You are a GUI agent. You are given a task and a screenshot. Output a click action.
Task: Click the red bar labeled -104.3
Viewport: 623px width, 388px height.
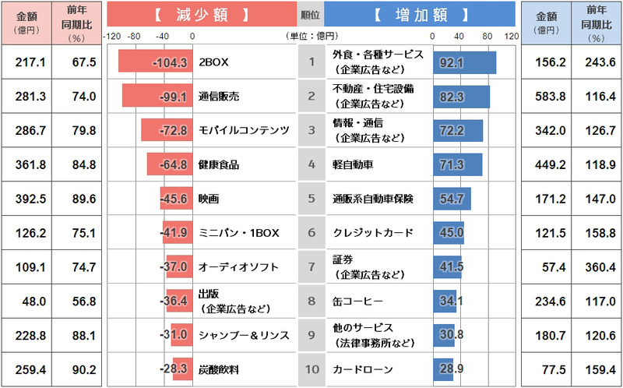(x=155, y=62)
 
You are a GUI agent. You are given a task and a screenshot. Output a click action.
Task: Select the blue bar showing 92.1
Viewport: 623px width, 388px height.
(x=464, y=62)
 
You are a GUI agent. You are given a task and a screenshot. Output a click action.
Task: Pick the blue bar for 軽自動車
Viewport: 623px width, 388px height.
(x=457, y=164)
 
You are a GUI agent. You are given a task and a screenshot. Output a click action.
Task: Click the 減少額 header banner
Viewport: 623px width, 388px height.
(x=201, y=14)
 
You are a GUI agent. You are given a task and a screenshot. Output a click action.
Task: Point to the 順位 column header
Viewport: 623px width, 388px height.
(x=310, y=14)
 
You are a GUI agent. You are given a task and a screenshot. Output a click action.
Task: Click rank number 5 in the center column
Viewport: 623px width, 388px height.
(x=311, y=199)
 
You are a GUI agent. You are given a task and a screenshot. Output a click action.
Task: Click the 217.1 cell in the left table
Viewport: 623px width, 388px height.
(x=26, y=62)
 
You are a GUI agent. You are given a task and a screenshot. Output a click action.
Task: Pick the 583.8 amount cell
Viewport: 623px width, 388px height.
(x=546, y=96)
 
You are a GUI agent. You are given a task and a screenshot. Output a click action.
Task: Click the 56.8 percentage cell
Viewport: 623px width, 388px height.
(x=77, y=301)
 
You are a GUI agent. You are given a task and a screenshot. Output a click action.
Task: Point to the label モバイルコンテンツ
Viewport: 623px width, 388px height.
(x=244, y=130)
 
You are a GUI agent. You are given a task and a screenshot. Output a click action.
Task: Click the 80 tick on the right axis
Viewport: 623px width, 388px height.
(x=486, y=36)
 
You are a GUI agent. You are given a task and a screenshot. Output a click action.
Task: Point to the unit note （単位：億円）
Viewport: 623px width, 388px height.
(x=312, y=36)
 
